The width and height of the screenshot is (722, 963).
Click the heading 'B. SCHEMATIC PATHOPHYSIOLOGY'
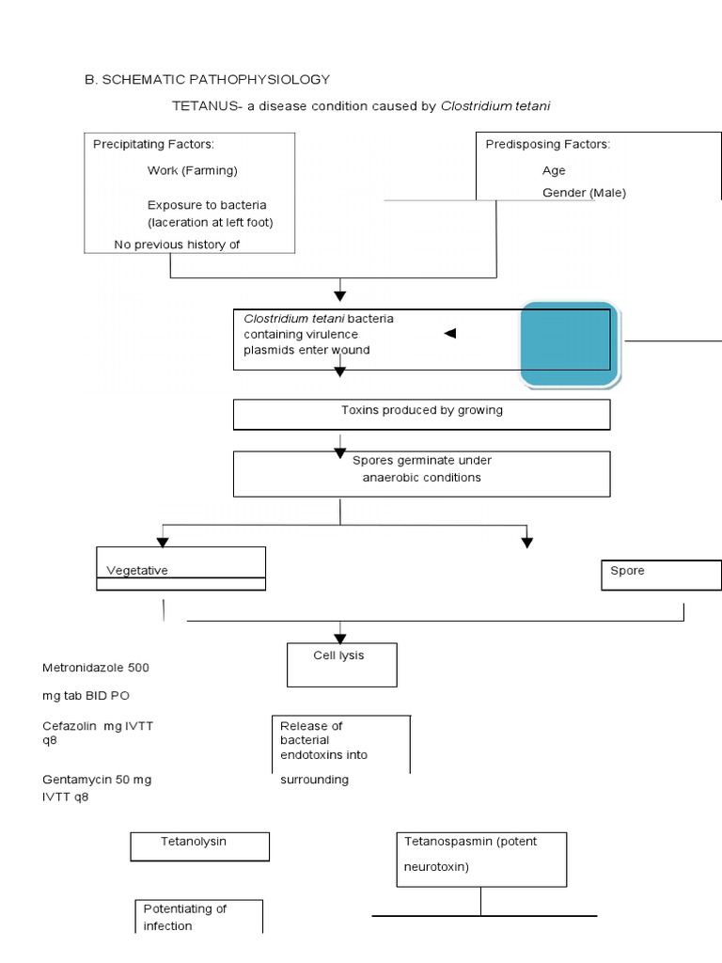[208, 80]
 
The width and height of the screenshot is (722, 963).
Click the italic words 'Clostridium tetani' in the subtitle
[494, 106]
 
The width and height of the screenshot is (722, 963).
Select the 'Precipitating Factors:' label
[153, 144]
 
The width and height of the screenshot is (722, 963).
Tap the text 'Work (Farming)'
[192, 170]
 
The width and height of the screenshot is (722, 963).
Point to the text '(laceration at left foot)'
[210, 223]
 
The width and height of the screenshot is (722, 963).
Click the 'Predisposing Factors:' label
[547, 144]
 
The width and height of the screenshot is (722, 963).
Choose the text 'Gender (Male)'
[584, 193]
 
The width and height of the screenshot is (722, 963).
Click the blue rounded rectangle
[570, 344]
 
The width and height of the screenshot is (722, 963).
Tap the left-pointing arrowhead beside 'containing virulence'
[449, 334]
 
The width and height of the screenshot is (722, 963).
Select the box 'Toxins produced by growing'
[421, 414]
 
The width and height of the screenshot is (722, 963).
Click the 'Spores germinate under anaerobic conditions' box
[421, 473]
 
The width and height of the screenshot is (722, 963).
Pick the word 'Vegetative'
[137, 570]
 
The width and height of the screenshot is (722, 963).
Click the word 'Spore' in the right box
[627, 571]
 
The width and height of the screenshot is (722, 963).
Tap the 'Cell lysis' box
[341, 664]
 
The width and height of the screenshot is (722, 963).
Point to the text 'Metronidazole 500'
[95, 668]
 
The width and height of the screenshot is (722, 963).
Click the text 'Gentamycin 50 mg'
[97, 780]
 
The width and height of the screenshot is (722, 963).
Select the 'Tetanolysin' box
[199, 845]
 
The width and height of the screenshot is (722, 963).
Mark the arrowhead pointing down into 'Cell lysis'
[340, 637]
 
